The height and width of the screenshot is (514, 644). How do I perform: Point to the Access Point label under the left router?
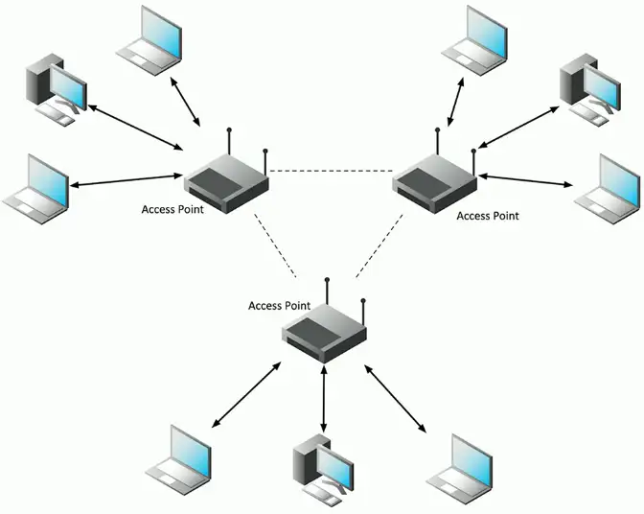coord(172,210)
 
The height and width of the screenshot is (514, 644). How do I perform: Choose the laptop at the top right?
coord(476,38)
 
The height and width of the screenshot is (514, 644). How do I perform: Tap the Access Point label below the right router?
coord(488,216)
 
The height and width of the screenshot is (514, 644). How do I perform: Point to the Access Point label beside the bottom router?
coord(279,306)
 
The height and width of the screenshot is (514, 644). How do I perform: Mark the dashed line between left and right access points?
coord(332,172)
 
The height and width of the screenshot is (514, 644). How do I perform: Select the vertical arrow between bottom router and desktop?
coord(326,397)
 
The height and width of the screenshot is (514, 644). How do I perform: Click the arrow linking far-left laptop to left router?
coord(125,179)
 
